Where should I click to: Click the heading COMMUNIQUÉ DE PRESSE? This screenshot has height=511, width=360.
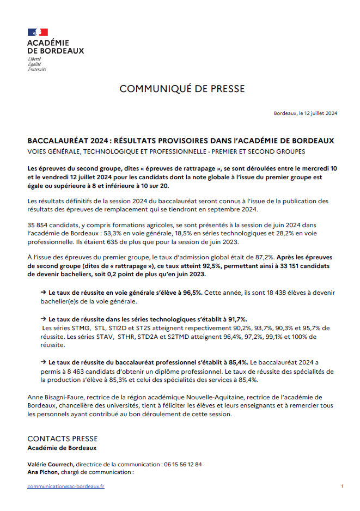click(x=182, y=89)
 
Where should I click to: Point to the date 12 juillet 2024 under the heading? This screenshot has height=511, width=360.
click(x=321, y=113)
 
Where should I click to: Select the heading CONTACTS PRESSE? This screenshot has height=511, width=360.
click(x=63, y=439)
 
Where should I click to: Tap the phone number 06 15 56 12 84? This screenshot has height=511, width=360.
click(x=182, y=465)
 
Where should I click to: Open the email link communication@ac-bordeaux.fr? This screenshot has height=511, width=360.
click(x=66, y=486)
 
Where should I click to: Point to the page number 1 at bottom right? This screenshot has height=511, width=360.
click(x=341, y=485)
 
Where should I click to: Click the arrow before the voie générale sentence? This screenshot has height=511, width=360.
click(x=43, y=293)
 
